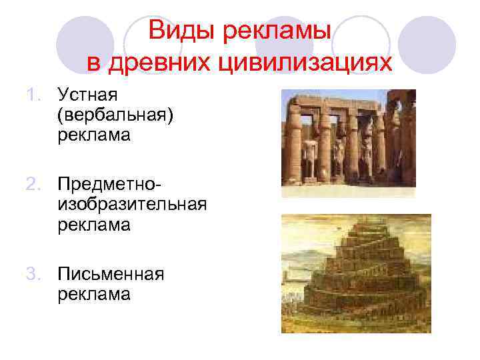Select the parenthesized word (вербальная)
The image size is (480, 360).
tap(115, 117)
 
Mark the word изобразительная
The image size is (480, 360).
tap(132, 204)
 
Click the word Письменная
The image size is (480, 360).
tap(111, 274)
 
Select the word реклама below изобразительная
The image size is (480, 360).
tap(93, 225)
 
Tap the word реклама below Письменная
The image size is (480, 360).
tap(93, 294)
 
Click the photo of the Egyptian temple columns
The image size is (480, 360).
tap(349, 142)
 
